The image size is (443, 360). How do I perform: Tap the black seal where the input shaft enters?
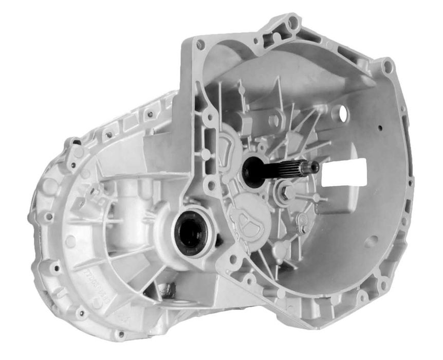click(x=253, y=172)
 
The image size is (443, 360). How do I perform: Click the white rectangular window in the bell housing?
click(x=344, y=173)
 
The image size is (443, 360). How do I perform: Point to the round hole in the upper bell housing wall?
click(x=340, y=114)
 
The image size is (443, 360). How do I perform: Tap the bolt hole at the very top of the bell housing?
click(x=293, y=22)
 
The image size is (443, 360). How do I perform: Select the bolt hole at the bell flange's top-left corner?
click(x=200, y=45)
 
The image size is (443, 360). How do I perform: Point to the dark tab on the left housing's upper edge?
click(x=76, y=141)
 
